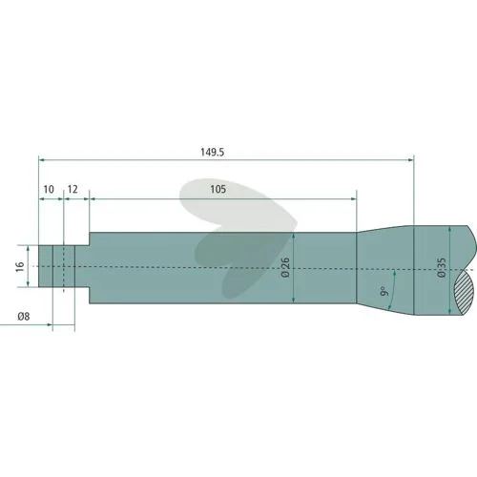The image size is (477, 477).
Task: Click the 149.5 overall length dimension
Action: pyautogui.click(x=212, y=152)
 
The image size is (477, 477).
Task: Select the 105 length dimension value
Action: pyautogui.click(x=218, y=190)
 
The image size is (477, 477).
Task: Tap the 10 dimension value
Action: pyautogui.click(x=49, y=190)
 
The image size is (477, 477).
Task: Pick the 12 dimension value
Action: pyautogui.click(x=73, y=190)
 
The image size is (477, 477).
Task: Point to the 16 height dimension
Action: pyautogui.click(x=20, y=266)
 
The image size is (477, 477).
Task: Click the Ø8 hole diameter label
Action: pyautogui.click(x=24, y=317)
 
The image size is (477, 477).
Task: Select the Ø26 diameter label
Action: pyautogui.click(x=285, y=267)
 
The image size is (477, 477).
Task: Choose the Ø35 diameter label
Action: pyautogui.click(x=442, y=267)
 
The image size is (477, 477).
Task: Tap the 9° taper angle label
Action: pyautogui.click(x=384, y=291)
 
